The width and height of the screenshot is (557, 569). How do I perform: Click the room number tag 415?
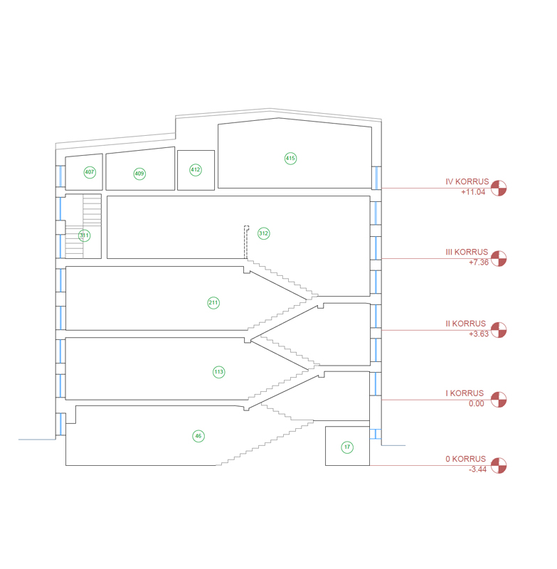[x=290, y=158]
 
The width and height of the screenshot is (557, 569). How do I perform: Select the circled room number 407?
[x=90, y=172]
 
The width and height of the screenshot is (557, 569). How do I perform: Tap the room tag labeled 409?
[x=139, y=174]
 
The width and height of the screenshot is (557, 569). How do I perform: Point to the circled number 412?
[x=196, y=170]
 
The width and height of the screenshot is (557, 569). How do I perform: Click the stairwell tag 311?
[x=84, y=235]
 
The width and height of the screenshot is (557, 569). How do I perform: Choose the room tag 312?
[x=263, y=233]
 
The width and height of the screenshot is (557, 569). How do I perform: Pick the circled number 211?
[x=213, y=303]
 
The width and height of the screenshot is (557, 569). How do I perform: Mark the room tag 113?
[x=219, y=372]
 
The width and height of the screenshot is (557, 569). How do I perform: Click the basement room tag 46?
[x=198, y=436]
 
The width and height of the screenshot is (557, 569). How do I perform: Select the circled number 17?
[x=347, y=447]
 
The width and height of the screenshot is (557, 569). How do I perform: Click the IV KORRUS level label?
[x=467, y=182]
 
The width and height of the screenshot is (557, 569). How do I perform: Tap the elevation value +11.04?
[x=473, y=192]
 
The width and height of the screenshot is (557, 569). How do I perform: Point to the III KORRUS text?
[x=467, y=252]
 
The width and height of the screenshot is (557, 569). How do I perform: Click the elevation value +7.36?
[x=479, y=262]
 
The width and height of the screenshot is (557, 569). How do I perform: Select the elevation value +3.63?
[x=479, y=334]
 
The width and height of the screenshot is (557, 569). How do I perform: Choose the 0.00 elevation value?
[x=477, y=403]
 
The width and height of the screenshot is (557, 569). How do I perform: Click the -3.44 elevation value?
[x=477, y=469]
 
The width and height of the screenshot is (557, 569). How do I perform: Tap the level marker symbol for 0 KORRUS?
[x=499, y=466]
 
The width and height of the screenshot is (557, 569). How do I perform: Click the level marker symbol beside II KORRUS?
[x=499, y=330]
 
